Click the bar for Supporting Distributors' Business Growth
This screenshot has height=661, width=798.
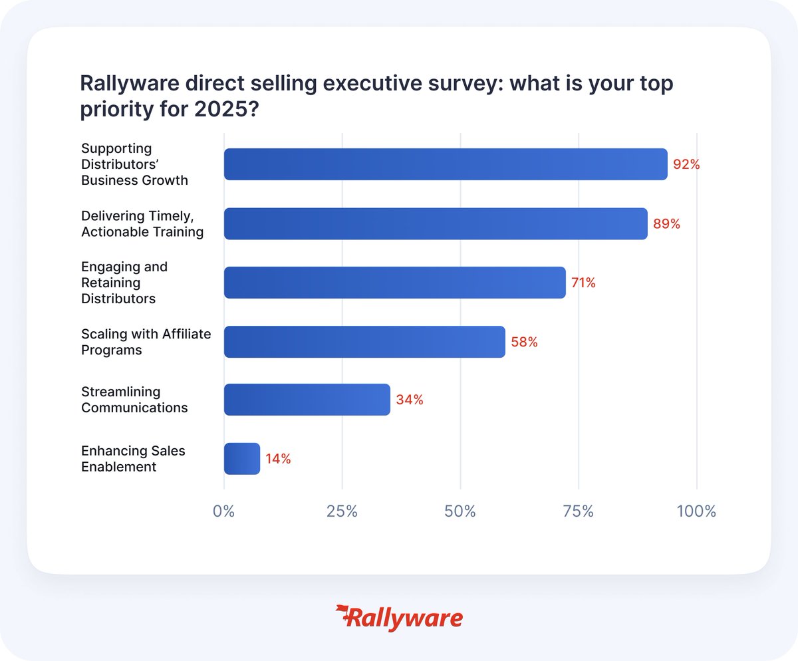445,164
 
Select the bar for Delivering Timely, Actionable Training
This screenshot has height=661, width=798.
436,223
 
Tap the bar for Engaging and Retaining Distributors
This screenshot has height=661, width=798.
394,283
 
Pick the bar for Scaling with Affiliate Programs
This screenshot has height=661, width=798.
364,342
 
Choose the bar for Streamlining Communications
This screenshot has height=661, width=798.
307,400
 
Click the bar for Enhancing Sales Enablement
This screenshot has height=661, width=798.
241,459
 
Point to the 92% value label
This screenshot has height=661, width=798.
686,164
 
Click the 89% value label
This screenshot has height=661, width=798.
666,224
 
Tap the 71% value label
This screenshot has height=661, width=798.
583,283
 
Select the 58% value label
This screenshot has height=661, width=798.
524,342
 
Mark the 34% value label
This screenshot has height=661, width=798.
410,400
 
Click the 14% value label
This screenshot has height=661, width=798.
278,459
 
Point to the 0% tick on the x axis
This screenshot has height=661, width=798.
224,512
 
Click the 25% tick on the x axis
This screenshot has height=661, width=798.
342,512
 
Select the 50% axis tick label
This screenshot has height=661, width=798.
460,512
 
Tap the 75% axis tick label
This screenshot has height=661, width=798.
579,512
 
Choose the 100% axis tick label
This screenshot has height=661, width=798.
696,512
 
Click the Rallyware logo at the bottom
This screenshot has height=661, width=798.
399,618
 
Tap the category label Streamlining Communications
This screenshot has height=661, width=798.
134,400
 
